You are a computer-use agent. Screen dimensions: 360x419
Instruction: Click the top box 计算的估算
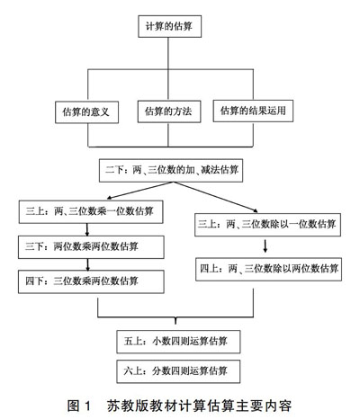coord(169,26)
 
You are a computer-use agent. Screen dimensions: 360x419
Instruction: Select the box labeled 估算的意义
coord(86,112)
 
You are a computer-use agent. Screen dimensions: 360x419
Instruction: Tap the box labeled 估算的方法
coord(169,111)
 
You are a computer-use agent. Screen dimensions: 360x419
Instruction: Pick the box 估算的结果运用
coord(253,111)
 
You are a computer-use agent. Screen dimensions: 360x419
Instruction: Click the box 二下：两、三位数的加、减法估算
coord(171,170)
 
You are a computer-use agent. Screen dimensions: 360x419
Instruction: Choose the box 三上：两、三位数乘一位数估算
coord(91,212)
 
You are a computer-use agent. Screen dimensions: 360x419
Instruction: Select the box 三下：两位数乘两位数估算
coord(91,247)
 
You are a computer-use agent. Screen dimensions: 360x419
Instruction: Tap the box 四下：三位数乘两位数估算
coord(91,281)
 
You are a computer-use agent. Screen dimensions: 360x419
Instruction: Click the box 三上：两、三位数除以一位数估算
coord(267,225)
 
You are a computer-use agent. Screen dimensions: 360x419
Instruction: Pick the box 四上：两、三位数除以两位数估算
coord(268,269)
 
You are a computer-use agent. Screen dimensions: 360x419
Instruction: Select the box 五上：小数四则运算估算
coord(178,342)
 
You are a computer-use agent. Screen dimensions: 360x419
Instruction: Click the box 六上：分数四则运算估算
coord(178,371)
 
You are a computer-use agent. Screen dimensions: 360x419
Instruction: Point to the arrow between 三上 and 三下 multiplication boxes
coord(87,229)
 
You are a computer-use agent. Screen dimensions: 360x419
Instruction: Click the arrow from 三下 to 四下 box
coord(87,264)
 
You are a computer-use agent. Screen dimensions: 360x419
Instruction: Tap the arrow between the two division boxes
coord(265,245)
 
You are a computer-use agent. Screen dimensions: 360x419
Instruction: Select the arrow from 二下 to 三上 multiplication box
coord(139,191)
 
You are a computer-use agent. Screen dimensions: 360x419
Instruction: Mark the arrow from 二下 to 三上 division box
coord(214,197)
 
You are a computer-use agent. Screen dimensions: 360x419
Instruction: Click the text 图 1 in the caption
coord(79,406)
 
